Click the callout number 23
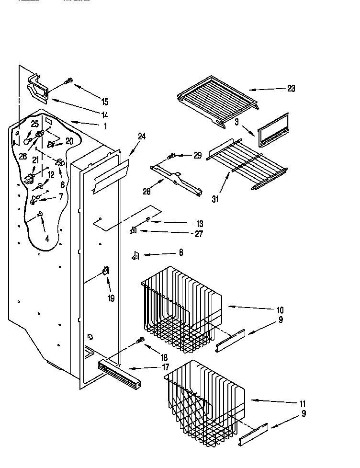point(291,88)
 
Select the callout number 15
point(104,102)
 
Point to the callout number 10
point(280,309)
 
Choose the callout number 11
point(303,403)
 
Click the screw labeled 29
point(171,155)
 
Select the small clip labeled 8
point(135,256)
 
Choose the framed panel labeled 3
point(273,130)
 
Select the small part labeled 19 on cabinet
point(105,273)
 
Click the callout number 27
point(199,234)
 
